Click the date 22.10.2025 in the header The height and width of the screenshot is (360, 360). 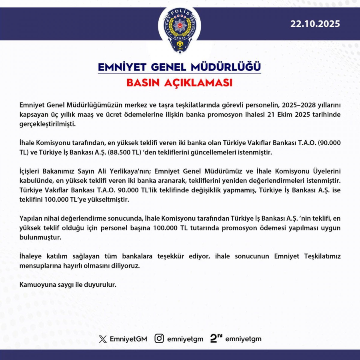[x=315, y=24]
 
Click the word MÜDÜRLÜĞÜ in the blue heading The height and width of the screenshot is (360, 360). [x=226, y=67]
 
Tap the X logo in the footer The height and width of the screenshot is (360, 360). [x=103, y=339]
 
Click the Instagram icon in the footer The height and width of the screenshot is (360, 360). [x=159, y=339]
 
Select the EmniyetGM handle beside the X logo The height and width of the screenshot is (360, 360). [x=128, y=339]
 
